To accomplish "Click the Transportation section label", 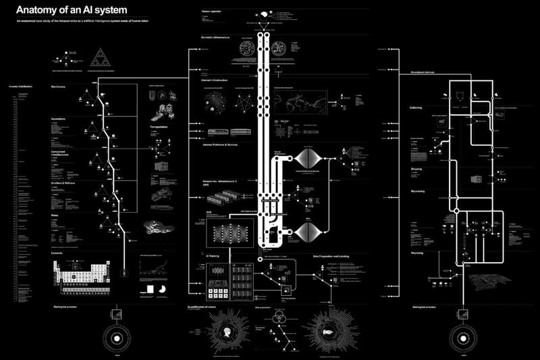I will coord(160,126).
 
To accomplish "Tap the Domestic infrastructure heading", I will coord(217,38).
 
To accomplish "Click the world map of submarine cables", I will coord(307,101).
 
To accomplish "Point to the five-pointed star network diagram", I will coord(246,101).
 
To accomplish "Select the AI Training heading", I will coord(211,257).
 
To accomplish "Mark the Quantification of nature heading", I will coord(219,307).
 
